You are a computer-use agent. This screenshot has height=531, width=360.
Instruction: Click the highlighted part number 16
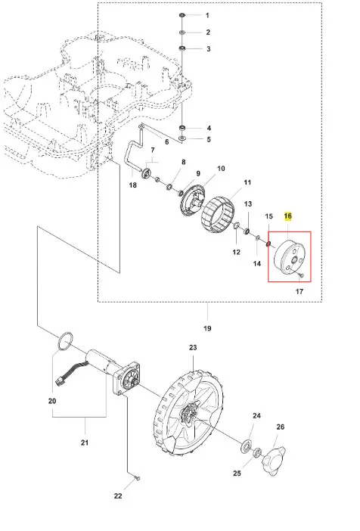(288, 216)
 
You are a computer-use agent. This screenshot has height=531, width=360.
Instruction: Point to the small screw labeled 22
(138, 478)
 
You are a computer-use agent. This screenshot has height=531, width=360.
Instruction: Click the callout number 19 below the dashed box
(207, 328)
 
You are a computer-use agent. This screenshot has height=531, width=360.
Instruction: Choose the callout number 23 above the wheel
(193, 347)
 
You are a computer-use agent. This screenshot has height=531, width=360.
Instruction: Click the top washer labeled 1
(182, 15)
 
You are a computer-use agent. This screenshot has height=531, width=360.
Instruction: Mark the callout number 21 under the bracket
(84, 442)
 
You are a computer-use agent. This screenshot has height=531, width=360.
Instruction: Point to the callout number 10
(221, 169)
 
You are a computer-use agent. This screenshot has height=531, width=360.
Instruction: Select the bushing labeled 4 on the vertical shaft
(182, 128)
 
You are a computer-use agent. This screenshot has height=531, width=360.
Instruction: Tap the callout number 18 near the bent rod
(133, 185)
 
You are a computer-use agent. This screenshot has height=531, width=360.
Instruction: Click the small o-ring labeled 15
(269, 244)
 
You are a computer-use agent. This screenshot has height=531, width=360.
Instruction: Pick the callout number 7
(153, 150)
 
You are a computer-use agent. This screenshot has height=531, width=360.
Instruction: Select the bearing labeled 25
(258, 452)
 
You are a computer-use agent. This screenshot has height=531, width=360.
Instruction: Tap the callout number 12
(237, 252)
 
